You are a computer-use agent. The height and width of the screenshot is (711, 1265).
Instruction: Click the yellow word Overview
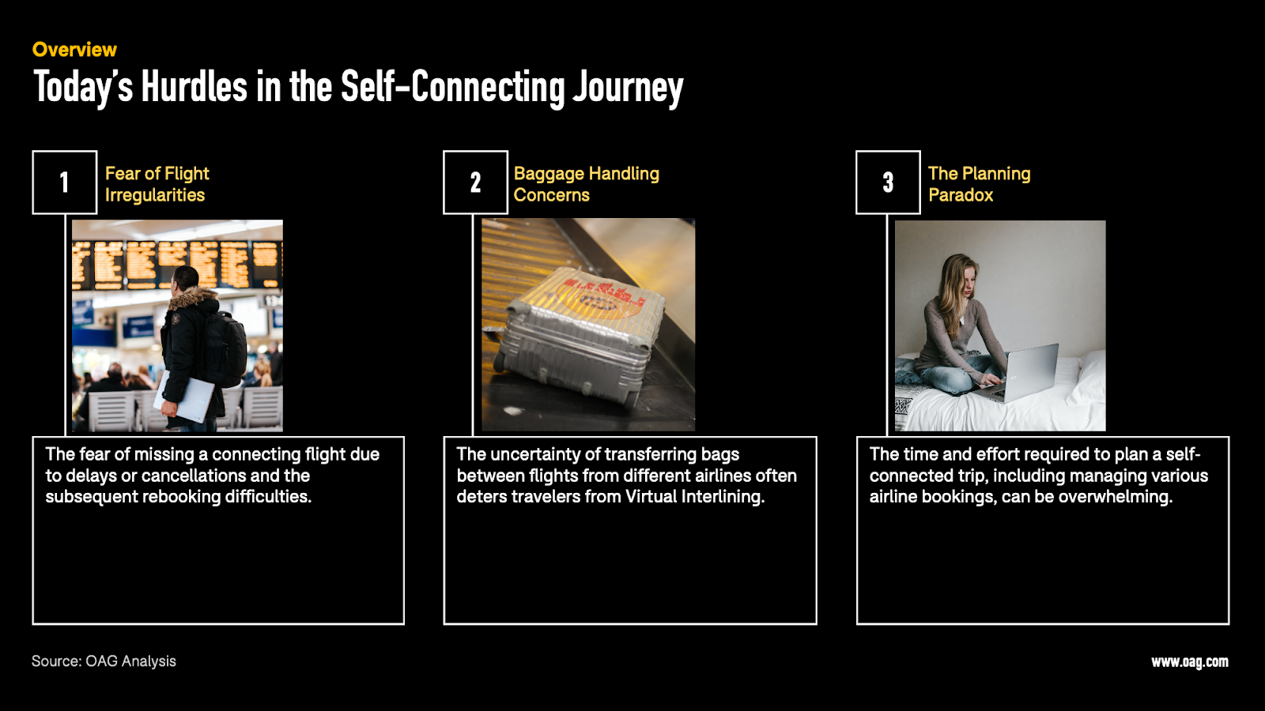[74, 50]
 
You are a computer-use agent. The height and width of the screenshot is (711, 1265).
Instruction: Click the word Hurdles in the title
[194, 86]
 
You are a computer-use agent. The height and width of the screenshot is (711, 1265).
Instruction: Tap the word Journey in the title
[628, 88]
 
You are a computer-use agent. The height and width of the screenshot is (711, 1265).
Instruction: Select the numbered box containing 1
[64, 182]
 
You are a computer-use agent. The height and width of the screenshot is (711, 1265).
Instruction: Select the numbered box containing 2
[475, 182]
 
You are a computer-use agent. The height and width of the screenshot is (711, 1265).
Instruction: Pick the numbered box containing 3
[888, 182]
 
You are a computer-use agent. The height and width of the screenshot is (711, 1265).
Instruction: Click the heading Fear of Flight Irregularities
[157, 184]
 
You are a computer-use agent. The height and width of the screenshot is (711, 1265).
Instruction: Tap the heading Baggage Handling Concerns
[586, 184]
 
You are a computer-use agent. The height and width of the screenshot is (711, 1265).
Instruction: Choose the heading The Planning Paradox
[980, 184]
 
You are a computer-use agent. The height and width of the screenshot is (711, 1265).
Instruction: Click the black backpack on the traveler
[226, 348]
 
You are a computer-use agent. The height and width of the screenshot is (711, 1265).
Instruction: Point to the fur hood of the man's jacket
[193, 298]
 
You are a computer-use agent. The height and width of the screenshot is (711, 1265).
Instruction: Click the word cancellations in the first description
[194, 476]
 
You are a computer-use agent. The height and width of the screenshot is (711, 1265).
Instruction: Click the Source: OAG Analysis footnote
[104, 661]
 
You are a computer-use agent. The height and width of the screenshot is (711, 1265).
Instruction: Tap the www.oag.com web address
[1190, 662]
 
